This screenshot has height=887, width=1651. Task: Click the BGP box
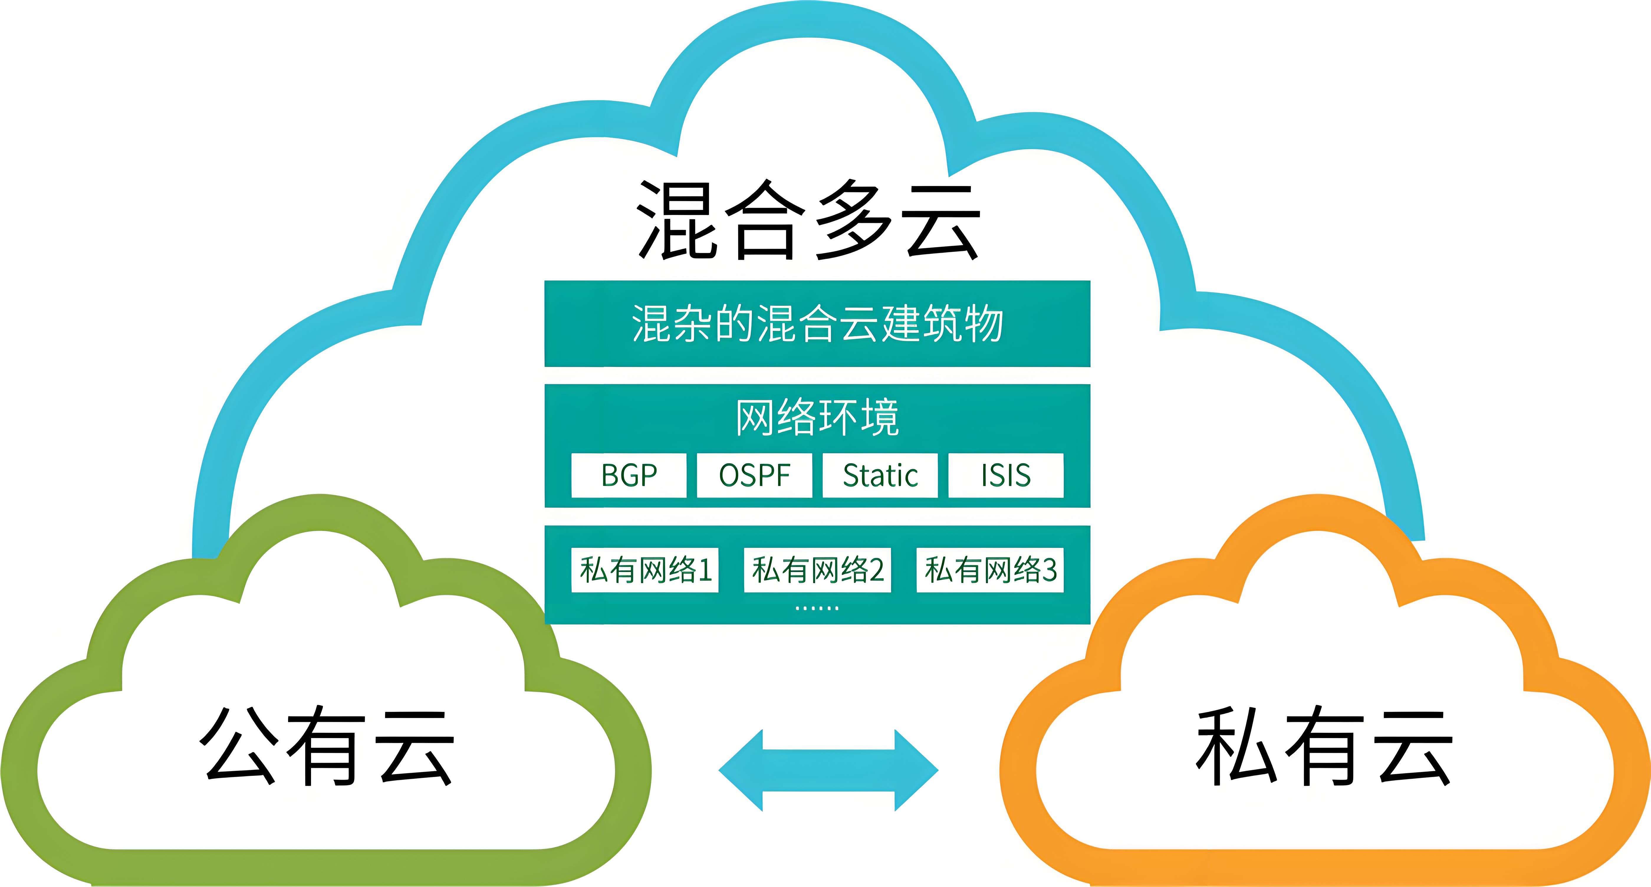[629, 475]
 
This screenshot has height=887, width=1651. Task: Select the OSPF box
[754, 475]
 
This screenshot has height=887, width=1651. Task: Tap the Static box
[880, 475]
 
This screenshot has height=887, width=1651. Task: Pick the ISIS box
[1006, 475]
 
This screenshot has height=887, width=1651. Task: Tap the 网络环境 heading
[817, 417]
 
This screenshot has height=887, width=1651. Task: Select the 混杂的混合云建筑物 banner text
[817, 324]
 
